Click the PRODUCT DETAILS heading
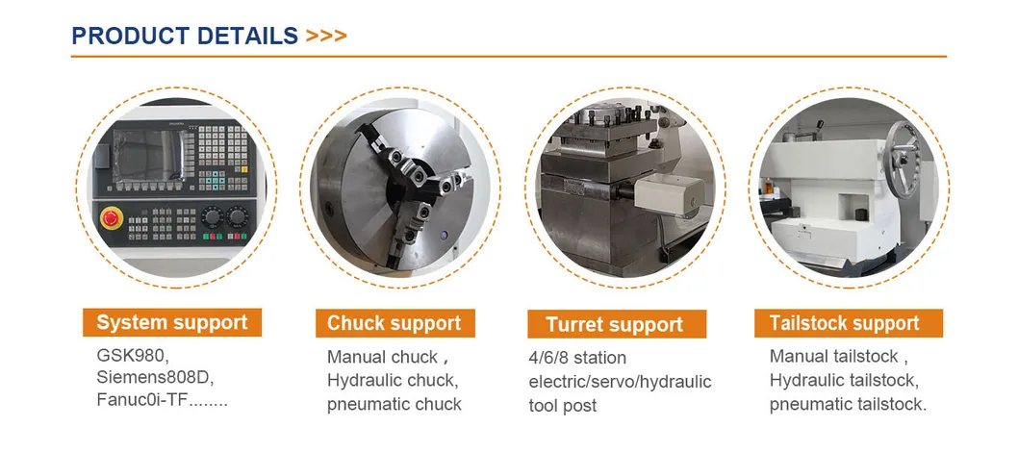[x=185, y=36]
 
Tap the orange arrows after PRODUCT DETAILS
[x=326, y=36]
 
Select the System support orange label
[x=172, y=322]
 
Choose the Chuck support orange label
[x=395, y=323]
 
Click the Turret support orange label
[x=616, y=324]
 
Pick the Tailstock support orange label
[x=848, y=323]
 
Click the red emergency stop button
[x=111, y=216]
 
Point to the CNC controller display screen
[x=147, y=155]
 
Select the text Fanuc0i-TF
[x=142, y=399]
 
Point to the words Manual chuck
[x=382, y=358]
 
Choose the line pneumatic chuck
[x=394, y=404]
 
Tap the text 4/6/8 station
[x=578, y=358]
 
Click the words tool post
[x=562, y=406]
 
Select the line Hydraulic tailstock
[x=843, y=380]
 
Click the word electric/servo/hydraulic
[x=620, y=382]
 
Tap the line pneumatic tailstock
[x=848, y=404]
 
